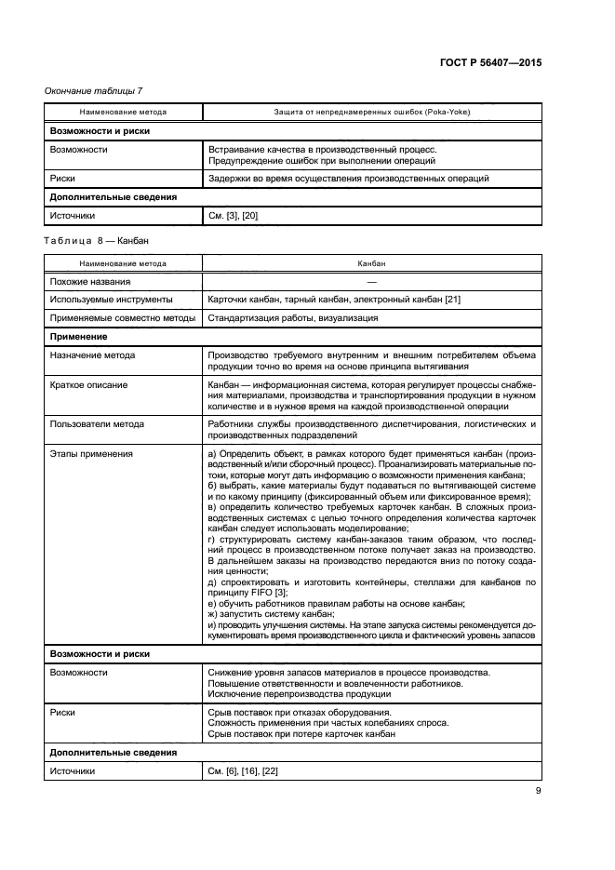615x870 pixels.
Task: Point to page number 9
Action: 538,791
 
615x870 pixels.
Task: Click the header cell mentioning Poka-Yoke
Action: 371,112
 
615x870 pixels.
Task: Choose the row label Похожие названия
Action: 90,281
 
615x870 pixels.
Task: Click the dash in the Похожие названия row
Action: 371,281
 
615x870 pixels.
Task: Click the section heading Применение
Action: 79,336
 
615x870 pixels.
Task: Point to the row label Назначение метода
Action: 92,355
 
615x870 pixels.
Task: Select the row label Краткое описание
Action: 88,384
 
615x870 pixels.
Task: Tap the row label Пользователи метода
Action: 97,423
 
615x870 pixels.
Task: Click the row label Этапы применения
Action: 91,453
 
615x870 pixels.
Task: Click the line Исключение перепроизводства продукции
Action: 299,694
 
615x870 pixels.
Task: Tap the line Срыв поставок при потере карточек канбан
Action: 301,733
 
